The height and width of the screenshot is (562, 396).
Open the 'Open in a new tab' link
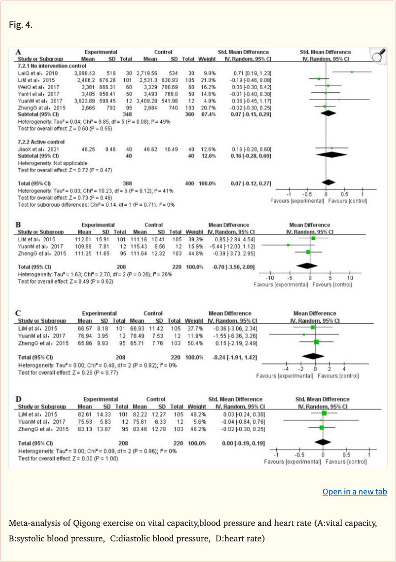click(x=354, y=491)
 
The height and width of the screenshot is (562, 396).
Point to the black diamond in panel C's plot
click(x=313, y=356)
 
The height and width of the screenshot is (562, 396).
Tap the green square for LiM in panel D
click(x=324, y=414)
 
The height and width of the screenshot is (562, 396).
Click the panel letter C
click(x=19, y=313)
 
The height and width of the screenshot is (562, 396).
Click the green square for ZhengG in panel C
click(x=316, y=342)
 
